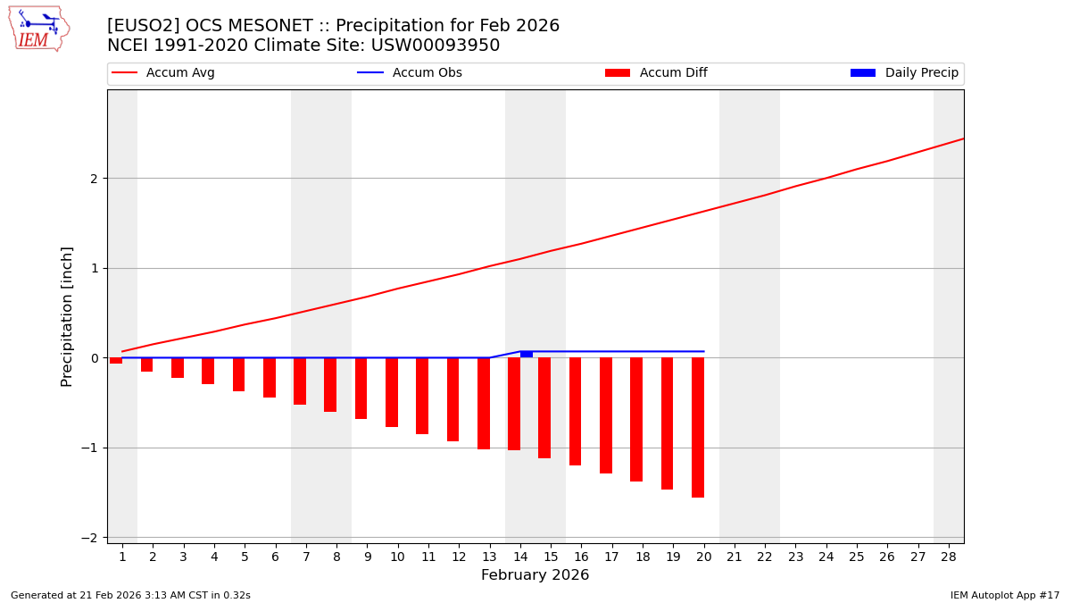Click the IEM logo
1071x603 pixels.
click(x=38, y=29)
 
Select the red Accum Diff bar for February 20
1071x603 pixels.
click(x=698, y=427)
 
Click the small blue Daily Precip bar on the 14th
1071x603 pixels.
click(x=527, y=355)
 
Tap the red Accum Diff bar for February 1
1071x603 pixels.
click(x=116, y=360)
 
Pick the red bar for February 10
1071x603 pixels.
click(x=392, y=392)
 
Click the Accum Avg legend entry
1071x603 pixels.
click(x=163, y=73)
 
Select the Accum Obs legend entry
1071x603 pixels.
click(x=410, y=73)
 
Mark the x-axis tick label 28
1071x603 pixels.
click(x=949, y=557)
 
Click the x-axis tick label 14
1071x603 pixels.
click(x=520, y=557)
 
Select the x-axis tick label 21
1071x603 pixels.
click(x=735, y=557)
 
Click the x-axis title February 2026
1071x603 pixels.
click(x=535, y=575)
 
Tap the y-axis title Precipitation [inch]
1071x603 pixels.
click(x=67, y=316)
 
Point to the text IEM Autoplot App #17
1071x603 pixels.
click(x=1004, y=595)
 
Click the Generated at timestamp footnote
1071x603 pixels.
click(x=130, y=595)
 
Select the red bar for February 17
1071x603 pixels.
click(x=606, y=415)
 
